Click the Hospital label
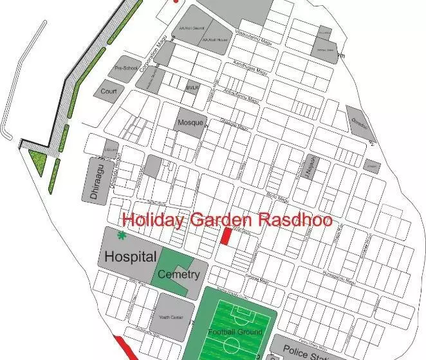130,257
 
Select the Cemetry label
178,274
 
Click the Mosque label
190,123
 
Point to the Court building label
108,91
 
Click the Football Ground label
235,332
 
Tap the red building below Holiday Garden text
226,236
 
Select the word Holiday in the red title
153,220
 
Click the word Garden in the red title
221,219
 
